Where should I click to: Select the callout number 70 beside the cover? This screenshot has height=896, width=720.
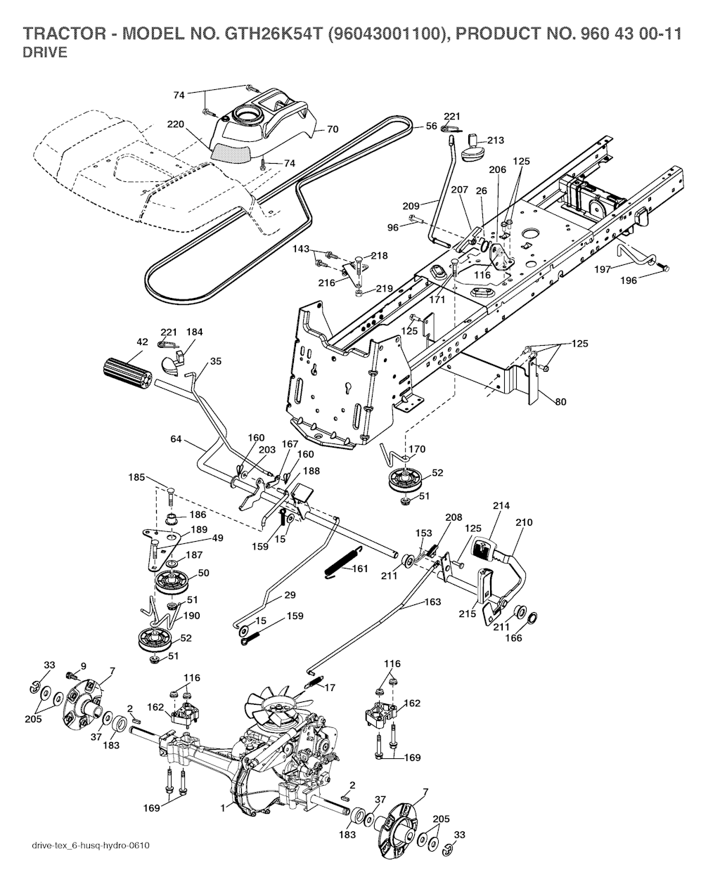pos(333,129)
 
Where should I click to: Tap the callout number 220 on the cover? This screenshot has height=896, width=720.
pos(175,124)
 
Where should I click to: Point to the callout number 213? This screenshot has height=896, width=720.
pos(496,141)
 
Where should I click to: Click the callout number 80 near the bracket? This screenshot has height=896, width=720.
pos(560,402)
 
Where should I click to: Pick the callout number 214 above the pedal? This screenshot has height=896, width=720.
pos(502,505)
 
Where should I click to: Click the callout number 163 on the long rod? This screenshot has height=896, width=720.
pos(432,602)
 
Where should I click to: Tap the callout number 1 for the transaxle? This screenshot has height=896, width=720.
pos(223,808)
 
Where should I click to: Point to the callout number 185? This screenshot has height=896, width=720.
pos(137,477)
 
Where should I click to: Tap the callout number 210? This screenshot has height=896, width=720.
pos(525,523)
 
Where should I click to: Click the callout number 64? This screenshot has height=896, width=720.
pos(176,439)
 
